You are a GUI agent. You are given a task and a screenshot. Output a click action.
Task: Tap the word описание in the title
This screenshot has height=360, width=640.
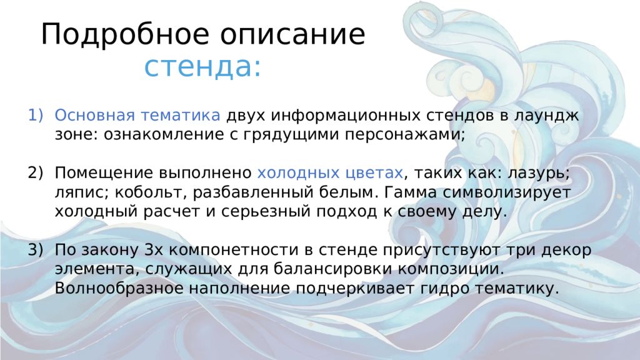point(293,35)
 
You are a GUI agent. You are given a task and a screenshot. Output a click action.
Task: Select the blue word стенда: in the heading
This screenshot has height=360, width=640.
point(202,66)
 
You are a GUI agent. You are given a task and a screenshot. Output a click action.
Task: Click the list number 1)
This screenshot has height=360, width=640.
point(36,115)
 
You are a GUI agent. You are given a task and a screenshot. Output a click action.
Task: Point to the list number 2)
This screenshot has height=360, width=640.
point(36,172)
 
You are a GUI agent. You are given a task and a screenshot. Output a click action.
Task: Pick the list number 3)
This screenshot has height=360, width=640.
point(36,250)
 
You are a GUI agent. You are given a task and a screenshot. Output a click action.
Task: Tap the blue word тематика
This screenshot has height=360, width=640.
point(180,116)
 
